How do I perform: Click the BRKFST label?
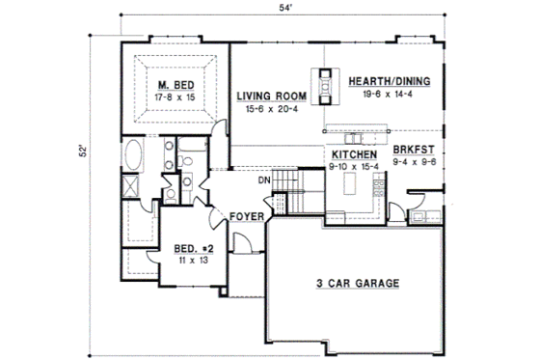(415, 152)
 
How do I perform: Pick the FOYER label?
(245, 217)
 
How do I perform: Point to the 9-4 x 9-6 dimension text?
(415, 162)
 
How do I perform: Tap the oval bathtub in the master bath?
(133, 154)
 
